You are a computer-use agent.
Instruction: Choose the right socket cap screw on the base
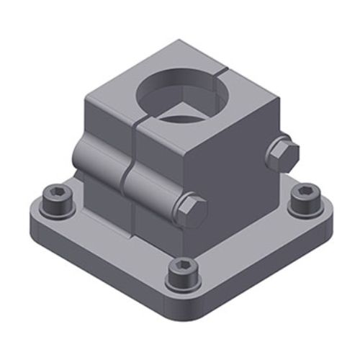tap(304, 199)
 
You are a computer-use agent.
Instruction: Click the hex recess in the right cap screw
tap(304, 193)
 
